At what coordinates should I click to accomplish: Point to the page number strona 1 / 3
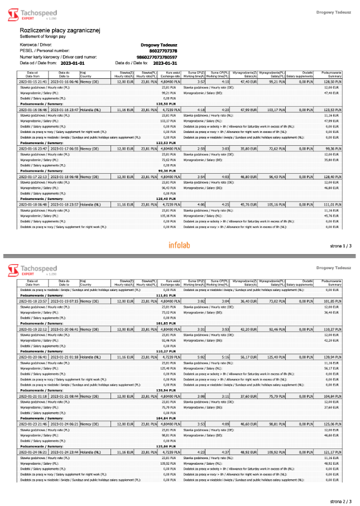pyautogui.click(x=340, y=246)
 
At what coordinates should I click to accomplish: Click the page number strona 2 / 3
pyautogui.click(x=340, y=501)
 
